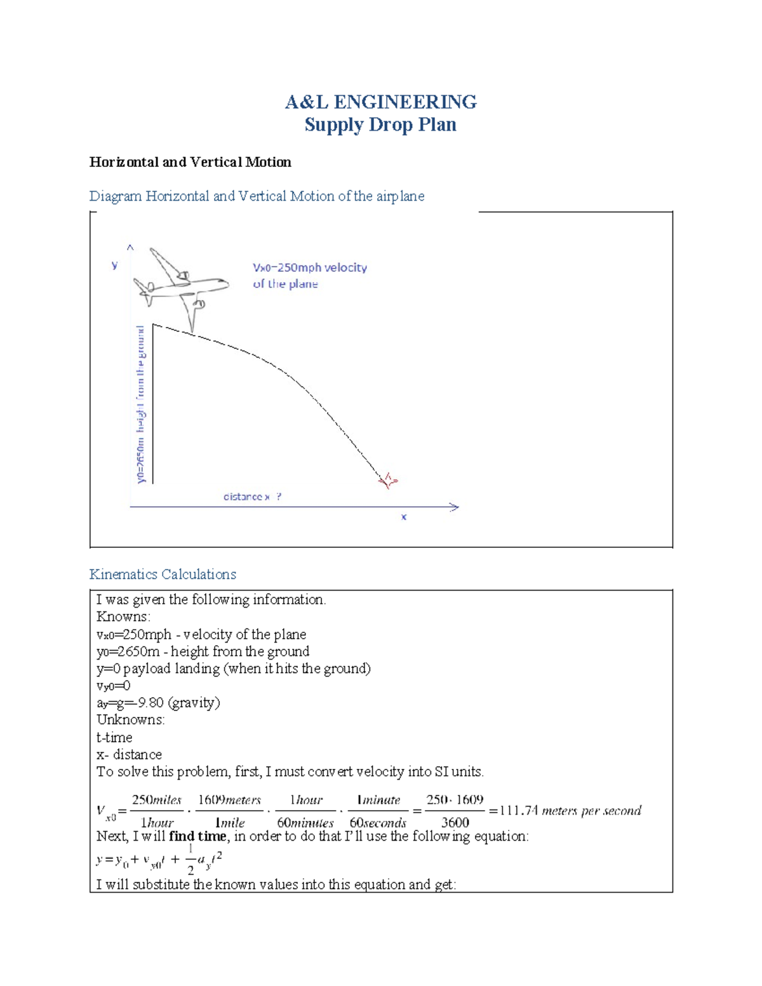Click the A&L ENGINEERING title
[x=380, y=102]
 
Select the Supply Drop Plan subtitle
[x=380, y=124]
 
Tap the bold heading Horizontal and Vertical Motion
[x=190, y=162]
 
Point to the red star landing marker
[x=388, y=481]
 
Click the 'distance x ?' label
[x=252, y=496]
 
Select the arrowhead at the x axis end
[x=454, y=507]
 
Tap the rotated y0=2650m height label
[x=141, y=404]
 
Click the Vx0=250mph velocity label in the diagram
[x=310, y=268]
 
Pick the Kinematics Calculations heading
[x=163, y=574]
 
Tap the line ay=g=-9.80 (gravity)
[x=158, y=703]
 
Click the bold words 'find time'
[x=197, y=836]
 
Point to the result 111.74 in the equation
[x=519, y=811]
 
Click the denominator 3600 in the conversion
[x=455, y=822]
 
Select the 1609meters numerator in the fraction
[x=229, y=800]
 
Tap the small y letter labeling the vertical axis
[x=114, y=265]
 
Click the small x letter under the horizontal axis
[x=404, y=517]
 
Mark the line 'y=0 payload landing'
[x=233, y=669]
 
